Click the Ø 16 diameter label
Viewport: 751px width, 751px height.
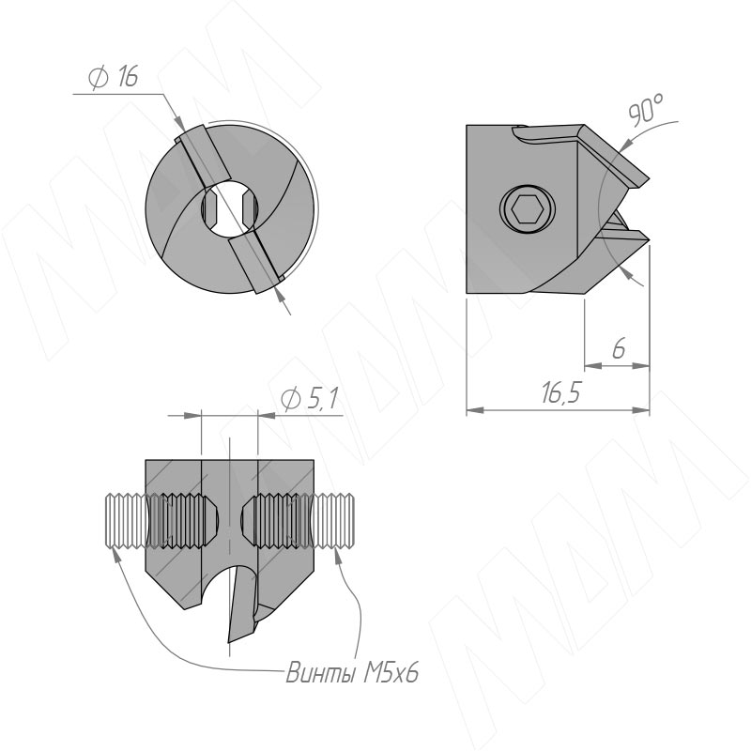114,77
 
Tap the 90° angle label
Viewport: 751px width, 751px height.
646,111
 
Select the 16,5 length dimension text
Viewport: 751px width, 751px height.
560,392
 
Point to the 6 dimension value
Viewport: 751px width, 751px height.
619,348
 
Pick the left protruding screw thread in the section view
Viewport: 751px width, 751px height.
125,521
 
